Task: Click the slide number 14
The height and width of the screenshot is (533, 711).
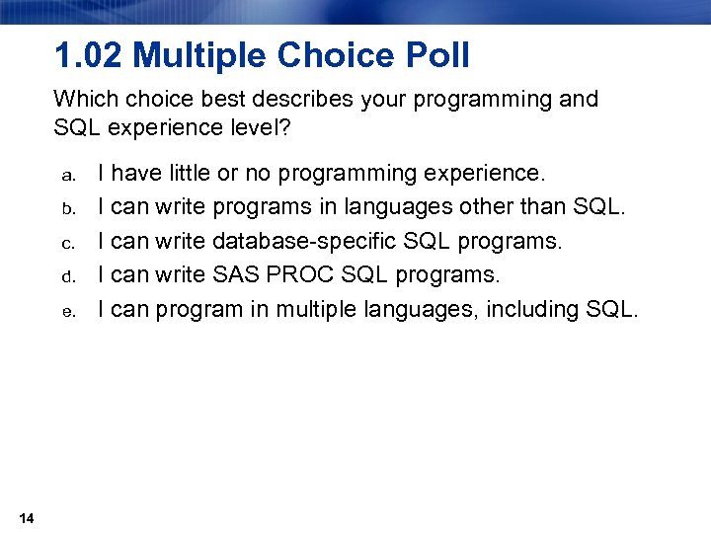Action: point(27,519)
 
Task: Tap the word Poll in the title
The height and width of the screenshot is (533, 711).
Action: point(435,56)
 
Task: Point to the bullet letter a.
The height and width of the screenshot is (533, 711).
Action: point(68,176)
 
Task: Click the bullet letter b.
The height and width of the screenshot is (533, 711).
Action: point(68,209)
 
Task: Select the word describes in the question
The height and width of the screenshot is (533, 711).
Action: point(280,100)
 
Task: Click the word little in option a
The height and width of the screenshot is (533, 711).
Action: point(194,174)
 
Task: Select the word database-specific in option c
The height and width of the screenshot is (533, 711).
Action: point(297,242)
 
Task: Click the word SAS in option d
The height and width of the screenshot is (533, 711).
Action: point(236,275)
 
